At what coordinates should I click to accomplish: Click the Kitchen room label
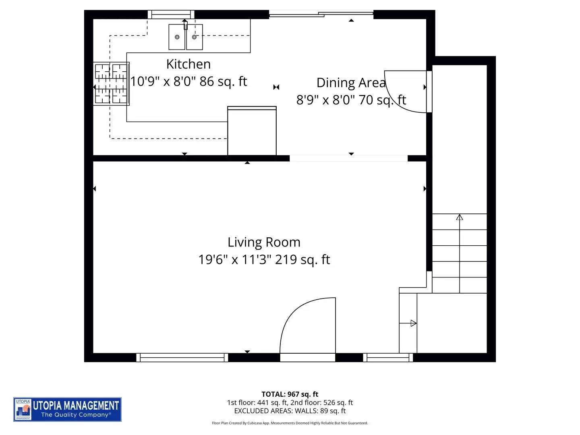pos(188,64)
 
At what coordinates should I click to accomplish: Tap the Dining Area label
pos(351,83)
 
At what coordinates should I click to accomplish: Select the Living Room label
pos(264,242)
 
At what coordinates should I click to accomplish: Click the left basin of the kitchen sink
pos(177,37)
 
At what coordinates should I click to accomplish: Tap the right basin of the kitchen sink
pos(195,37)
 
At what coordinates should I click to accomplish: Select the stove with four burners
pos(111,84)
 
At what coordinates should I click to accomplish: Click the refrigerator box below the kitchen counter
pos(252,131)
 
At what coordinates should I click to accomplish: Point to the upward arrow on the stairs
pos(459,217)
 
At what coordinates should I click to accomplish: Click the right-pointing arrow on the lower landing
pos(413,323)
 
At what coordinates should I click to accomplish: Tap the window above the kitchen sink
pos(171,15)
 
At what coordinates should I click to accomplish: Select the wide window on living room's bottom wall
pos(182,357)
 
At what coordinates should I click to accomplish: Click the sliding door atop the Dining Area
pos(321,14)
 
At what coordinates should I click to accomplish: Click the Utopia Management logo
pos(67,409)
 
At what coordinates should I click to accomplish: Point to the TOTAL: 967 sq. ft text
pos(290,394)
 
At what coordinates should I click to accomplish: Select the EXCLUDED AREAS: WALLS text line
pos(290,411)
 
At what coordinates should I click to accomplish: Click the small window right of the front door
pos(388,357)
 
